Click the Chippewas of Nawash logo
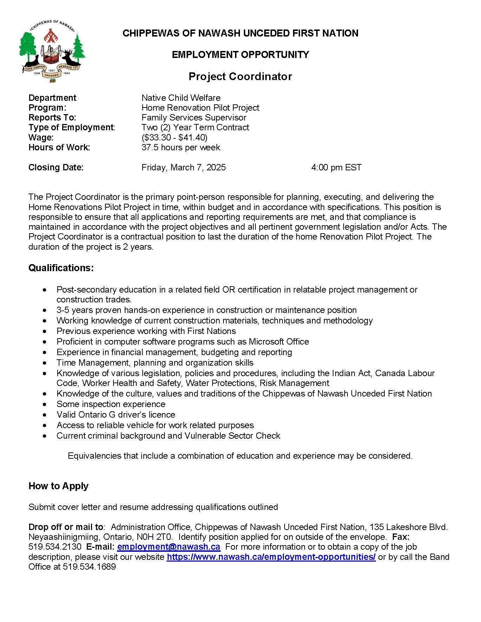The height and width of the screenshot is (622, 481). click(52, 51)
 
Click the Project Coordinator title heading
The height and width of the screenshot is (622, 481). click(240, 76)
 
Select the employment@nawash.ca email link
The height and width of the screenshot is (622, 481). click(169, 547)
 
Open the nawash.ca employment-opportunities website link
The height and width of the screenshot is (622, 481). click(271, 557)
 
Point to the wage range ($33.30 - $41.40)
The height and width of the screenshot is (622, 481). click(174, 137)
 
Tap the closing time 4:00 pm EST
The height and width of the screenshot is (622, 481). click(336, 168)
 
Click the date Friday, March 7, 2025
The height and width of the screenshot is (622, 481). click(183, 168)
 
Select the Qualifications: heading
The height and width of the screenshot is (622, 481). click(61, 268)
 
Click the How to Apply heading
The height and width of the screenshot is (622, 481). click(58, 486)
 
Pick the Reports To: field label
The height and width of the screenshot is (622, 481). click(52, 118)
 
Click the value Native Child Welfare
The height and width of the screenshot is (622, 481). click(181, 98)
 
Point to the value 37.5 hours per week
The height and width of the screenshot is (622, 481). click(181, 148)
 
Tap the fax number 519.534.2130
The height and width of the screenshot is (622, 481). click(55, 547)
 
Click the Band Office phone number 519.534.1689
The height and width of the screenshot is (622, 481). click(89, 567)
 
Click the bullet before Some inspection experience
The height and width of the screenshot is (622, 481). click(44, 405)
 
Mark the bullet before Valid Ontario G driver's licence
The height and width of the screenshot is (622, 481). click(44, 415)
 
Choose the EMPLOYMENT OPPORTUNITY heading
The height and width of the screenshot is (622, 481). click(240, 55)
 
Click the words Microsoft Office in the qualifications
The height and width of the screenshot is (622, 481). click(279, 342)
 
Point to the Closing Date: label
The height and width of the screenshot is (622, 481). click(56, 168)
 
